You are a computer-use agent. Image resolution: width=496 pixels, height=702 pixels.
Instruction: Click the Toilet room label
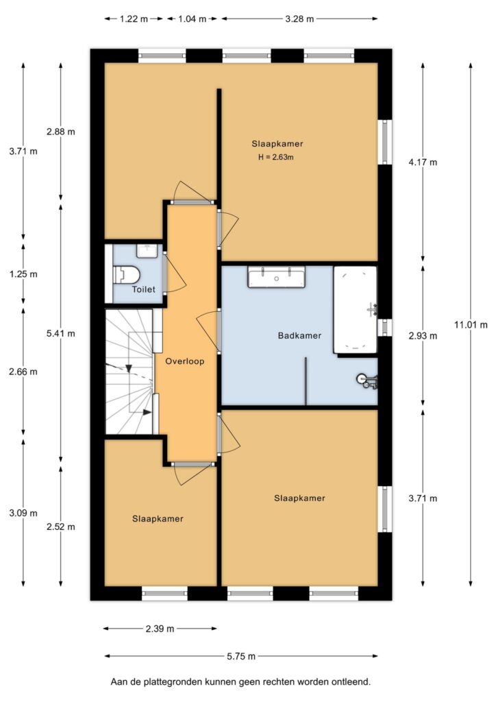coord(144,290)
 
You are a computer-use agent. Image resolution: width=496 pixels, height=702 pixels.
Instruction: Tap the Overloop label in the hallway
coord(185,361)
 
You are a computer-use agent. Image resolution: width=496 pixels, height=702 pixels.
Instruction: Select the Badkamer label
coord(299,336)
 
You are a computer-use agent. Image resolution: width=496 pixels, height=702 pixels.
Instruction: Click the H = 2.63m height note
coord(275,158)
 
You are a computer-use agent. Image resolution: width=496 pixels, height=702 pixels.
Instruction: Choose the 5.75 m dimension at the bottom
coord(241,656)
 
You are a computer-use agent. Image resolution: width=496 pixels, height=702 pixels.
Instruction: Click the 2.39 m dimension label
coord(160,628)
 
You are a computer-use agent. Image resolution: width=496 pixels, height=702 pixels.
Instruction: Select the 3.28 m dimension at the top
coord(299,19)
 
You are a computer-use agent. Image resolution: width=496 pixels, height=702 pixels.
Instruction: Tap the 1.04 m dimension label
coord(193,19)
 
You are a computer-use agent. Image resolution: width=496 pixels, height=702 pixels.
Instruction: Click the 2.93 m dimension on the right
coord(422,336)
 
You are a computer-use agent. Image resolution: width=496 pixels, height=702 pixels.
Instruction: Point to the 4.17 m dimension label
coord(422,162)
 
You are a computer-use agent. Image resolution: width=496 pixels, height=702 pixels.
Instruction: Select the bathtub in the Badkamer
coord(355,309)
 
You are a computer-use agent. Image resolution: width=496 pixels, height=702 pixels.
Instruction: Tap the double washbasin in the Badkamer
coord(277,278)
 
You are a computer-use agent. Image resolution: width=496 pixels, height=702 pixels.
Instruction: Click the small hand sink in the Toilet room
coord(146,250)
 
